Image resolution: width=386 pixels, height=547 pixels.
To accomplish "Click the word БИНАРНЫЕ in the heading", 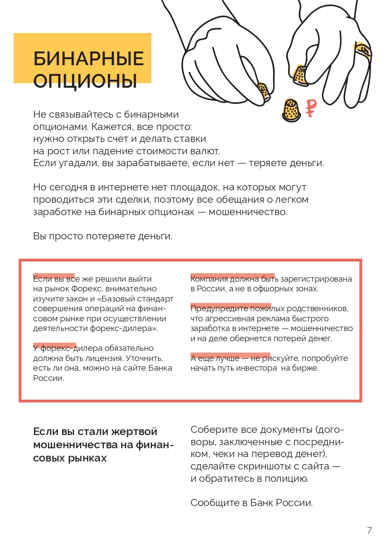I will pyautogui.click(x=89, y=59).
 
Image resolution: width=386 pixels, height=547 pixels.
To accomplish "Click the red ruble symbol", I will pyautogui.click(x=311, y=108).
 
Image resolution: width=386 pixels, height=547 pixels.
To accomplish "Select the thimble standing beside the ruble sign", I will pyautogui.click(x=291, y=110).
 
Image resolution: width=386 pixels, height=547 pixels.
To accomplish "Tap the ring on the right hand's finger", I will pyautogui.click(x=362, y=50).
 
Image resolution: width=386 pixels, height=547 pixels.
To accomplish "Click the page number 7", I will pyautogui.click(x=369, y=530).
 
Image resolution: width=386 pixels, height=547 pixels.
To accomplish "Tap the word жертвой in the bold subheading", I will pyautogui.click(x=135, y=432).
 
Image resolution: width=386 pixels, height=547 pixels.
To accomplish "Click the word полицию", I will pyautogui.click(x=286, y=479).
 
